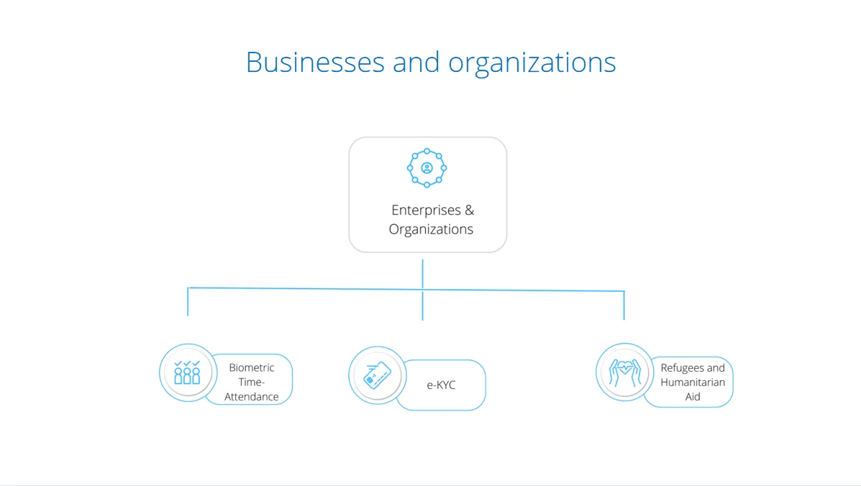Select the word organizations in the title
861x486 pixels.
[532, 63]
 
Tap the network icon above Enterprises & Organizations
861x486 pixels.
[427, 168]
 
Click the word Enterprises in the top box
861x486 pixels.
[425, 210]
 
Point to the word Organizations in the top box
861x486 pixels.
[431, 229]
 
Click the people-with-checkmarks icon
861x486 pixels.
[187, 372]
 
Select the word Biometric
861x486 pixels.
[252, 367]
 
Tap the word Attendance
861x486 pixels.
[252, 397]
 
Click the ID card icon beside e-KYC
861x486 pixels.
[377, 375]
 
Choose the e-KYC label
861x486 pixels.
[441, 385]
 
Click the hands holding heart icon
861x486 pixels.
[624, 372]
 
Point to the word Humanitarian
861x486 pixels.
[693, 382]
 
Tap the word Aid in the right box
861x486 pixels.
[693, 397]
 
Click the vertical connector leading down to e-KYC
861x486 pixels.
[422, 306]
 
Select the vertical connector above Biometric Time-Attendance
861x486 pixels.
[188, 301]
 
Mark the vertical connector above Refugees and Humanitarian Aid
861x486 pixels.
[624, 305]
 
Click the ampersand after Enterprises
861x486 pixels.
[469, 210]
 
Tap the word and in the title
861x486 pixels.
[416, 62]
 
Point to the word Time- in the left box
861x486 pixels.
[252, 382]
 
